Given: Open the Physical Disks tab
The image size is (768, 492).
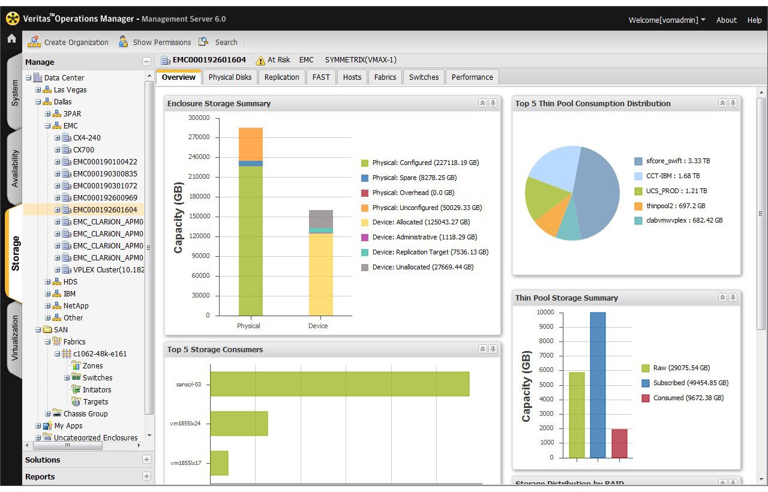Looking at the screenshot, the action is pos(230,77).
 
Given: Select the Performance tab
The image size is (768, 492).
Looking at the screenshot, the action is pos(472,77).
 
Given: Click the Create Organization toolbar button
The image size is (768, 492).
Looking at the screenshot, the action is pos(68,42).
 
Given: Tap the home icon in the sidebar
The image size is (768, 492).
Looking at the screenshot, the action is pos(11,38).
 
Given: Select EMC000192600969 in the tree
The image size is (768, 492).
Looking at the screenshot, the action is pos(105,197).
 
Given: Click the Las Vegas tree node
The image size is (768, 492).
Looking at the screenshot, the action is pos(70,90).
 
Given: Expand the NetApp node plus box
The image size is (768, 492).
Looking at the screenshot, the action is pos(47,305).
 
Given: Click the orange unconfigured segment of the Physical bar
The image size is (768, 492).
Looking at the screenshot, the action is pos(251,144).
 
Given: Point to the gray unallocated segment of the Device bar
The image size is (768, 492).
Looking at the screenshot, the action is pos(321,219).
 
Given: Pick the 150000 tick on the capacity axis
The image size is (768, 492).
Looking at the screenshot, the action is pos(199,216).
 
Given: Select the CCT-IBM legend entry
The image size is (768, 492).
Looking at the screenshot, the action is pos(667,176).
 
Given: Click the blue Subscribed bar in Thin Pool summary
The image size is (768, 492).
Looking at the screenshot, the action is pos(598,385).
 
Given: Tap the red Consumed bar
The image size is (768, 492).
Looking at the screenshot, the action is pos(619,443).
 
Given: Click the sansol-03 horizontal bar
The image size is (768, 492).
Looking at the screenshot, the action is pos(340,384).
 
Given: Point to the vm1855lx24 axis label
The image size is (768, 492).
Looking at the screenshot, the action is pos(185,424).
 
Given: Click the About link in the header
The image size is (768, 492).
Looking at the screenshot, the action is pos(726,20).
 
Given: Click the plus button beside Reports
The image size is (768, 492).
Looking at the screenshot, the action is pos(146,476).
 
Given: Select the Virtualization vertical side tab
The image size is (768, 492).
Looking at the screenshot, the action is pos(14,338).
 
